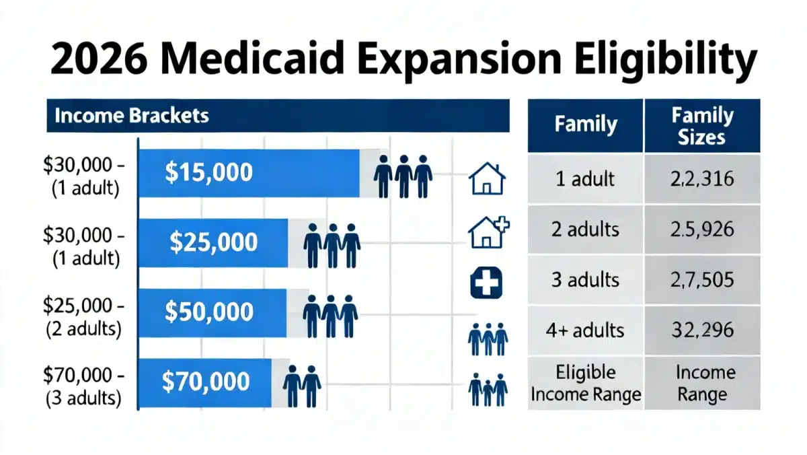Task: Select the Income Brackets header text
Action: tap(131, 115)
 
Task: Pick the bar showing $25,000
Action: tap(213, 242)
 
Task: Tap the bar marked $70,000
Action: tap(205, 382)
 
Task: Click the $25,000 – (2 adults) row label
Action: tap(82, 317)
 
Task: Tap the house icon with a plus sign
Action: tap(488, 232)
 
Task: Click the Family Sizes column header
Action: tap(702, 126)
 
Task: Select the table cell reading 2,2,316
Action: tap(702, 179)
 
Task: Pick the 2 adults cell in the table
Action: tap(585, 230)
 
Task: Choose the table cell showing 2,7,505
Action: tap(702, 280)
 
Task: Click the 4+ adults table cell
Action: tap(585, 330)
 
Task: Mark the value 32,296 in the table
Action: tap(702, 330)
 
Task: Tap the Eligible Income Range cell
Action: tap(585, 382)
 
